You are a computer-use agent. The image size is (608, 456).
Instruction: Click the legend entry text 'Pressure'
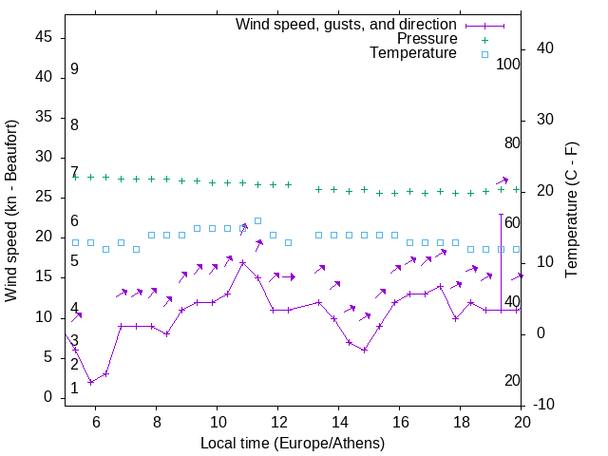point(427,39)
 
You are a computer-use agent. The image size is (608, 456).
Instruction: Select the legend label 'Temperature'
point(413,53)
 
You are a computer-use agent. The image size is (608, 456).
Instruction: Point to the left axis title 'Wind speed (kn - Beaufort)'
point(11,212)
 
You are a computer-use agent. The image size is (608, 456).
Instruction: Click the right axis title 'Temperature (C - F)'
point(571,210)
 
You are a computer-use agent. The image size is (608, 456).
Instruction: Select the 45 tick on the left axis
point(43,37)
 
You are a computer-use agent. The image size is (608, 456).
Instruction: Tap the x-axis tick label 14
point(339,422)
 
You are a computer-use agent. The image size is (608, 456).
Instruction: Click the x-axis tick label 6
point(96,422)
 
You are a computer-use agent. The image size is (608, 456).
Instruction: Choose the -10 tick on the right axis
point(546,406)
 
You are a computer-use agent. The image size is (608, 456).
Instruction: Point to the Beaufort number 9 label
point(74,69)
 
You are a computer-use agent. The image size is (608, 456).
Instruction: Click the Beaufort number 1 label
point(74,389)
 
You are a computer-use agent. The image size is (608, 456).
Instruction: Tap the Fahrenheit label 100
point(508,65)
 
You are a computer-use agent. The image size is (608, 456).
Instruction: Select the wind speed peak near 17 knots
point(242,262)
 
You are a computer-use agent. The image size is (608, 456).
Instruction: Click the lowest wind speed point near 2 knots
point(90,382)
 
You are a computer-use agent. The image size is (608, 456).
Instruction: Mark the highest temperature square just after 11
point(257,220)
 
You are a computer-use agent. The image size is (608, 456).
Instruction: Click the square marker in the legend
point(484,54)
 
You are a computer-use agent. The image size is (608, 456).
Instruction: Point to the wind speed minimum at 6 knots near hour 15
point(364,350)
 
